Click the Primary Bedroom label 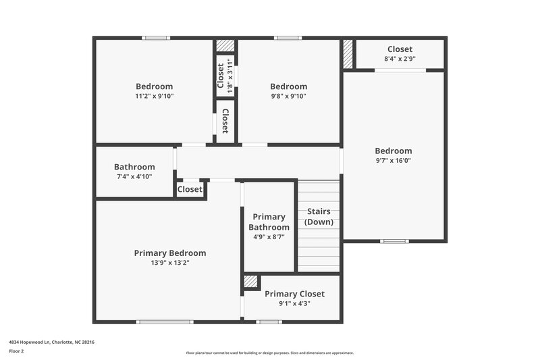point(169,253)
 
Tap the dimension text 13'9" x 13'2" point(169,263)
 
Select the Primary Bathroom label point(269,222)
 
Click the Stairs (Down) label point(319,216)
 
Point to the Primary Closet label point(294,294)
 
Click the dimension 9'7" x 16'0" point(394,161)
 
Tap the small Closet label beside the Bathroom point(190,190)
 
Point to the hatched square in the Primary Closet point(251,282)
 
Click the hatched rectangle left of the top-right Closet point(348,55)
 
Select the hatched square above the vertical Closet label point(225,46)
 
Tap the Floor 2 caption point(16,351)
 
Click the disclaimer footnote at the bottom point(269,353)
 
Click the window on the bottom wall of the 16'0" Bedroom point(394,241)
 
